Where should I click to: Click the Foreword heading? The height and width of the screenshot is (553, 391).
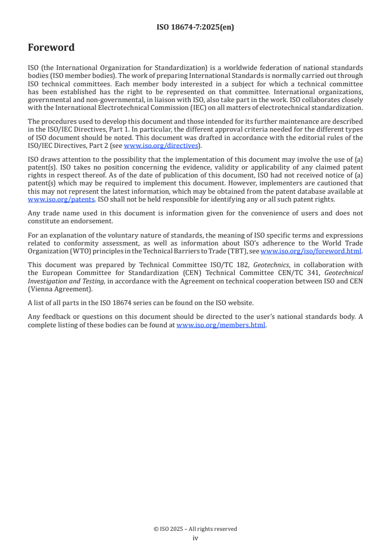51,48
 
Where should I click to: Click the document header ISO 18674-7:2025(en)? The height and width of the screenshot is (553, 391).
195,28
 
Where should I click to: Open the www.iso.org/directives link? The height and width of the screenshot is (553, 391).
161,145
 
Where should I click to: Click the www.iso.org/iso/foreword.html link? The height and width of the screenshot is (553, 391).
311,251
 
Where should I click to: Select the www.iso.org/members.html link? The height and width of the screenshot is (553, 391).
221,325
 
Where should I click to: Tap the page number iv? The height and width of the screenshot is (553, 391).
195,538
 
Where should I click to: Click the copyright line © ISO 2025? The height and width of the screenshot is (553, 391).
195,529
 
